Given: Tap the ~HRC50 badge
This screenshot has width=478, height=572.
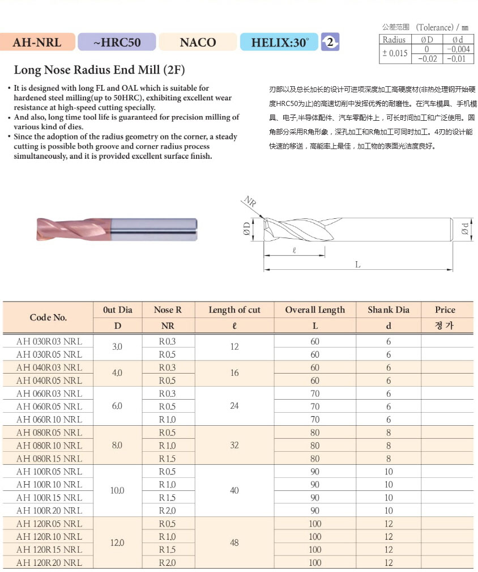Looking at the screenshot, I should (117, 42).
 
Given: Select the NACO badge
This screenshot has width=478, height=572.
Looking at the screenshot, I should (198, 42).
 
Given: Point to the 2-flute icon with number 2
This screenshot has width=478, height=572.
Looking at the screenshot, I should (330, 42).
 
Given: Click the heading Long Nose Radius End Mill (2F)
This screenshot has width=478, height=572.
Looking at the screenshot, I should (99, 70).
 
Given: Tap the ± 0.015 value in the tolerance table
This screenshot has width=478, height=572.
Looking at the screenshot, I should (394, 53).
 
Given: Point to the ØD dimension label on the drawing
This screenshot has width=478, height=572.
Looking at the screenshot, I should (246, 228).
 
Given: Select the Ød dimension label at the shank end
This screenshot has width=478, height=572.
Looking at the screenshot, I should (465, 228).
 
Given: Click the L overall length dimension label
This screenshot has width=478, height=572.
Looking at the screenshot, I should (357, 265).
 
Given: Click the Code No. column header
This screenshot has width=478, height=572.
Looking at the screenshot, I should (49, 317).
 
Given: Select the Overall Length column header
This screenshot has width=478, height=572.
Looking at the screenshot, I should (315, 310).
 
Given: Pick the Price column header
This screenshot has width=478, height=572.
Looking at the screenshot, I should (445, 310).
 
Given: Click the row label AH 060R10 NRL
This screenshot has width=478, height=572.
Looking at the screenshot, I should (49, 420).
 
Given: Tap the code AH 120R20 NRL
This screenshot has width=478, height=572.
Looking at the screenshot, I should (49, 563).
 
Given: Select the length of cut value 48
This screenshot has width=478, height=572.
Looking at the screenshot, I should (234, 543).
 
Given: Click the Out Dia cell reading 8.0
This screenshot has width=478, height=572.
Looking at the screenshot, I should (117, 446).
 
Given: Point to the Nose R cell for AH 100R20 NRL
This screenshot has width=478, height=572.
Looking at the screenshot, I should (167, 511).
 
